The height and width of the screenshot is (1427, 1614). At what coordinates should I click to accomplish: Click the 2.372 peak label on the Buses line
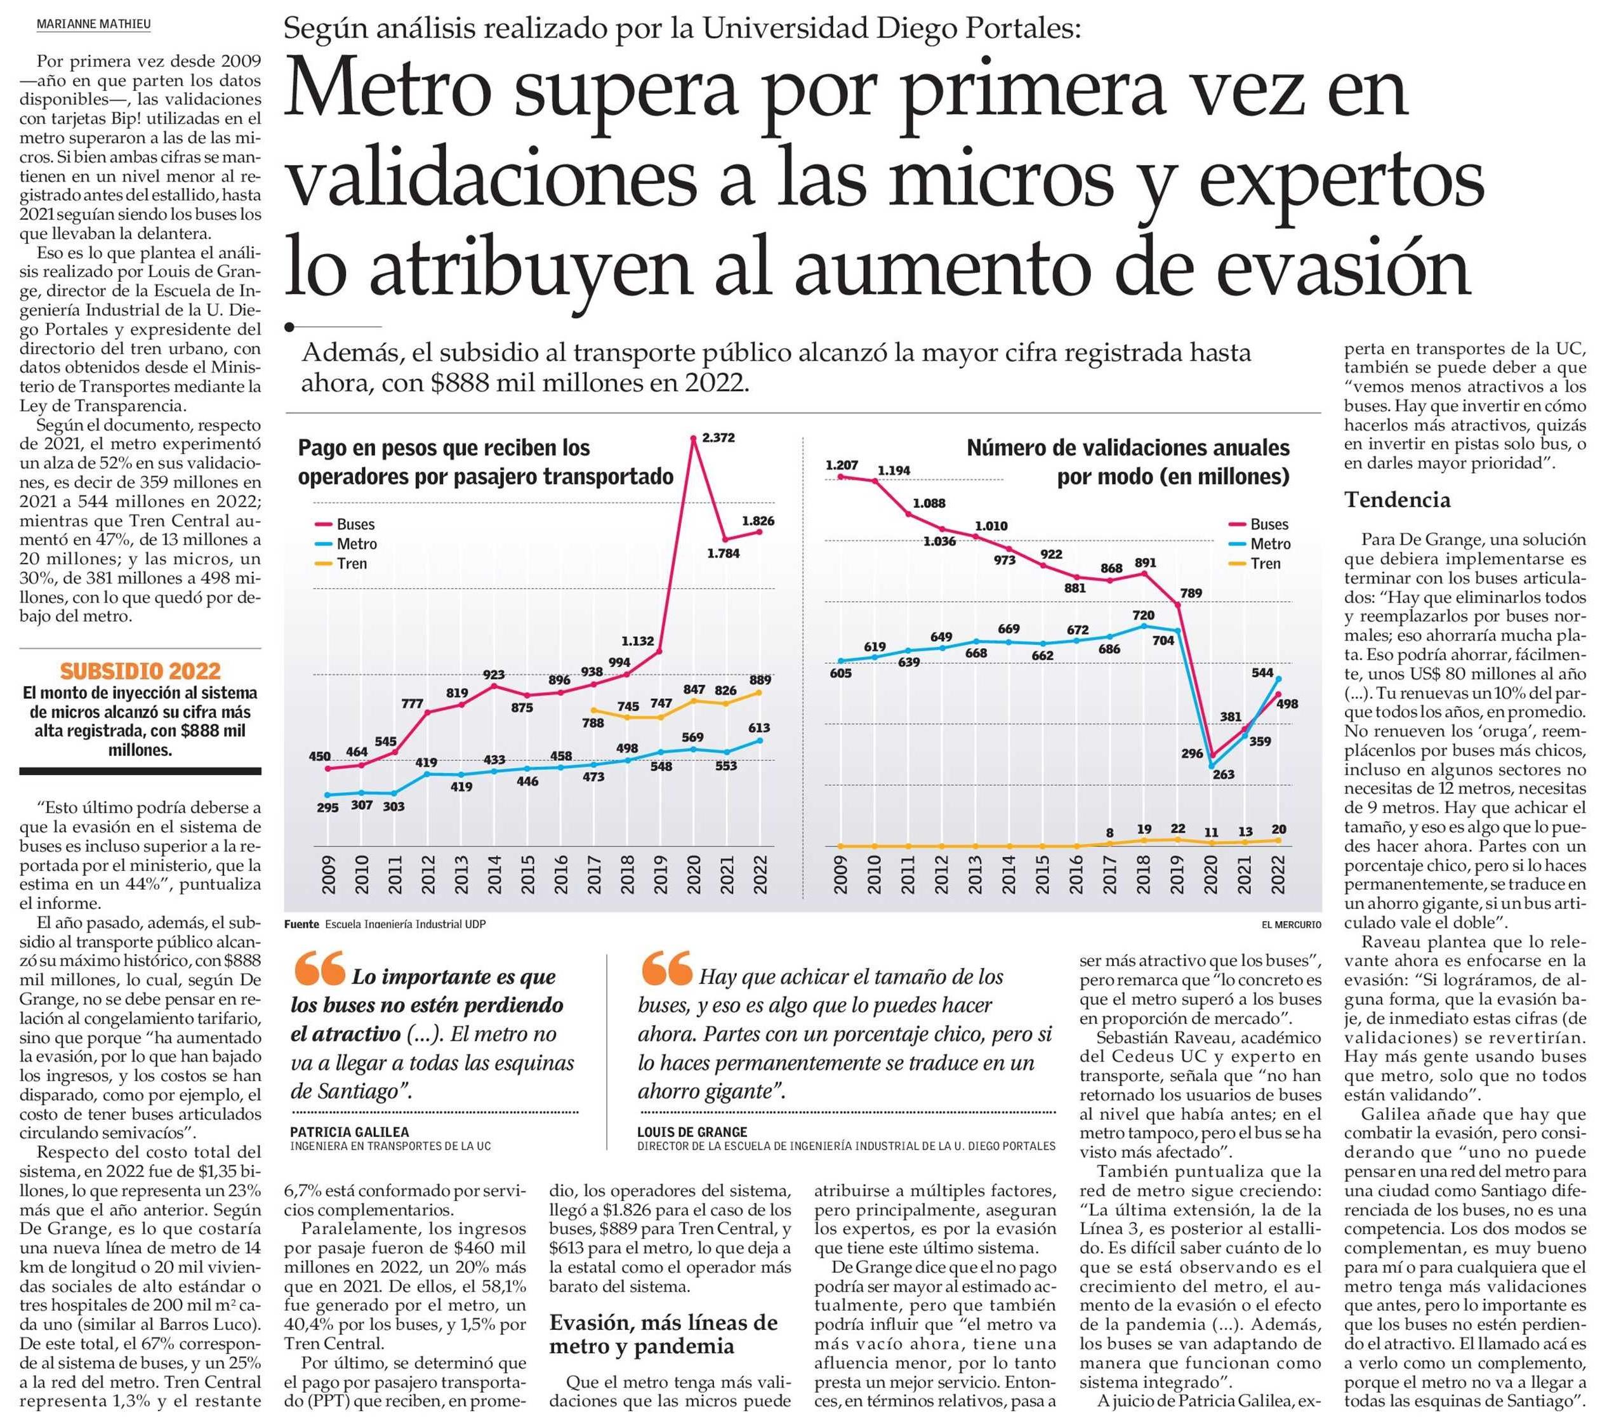click(x=718, y=437)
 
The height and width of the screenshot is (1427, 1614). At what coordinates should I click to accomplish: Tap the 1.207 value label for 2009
click(x=841, y=465)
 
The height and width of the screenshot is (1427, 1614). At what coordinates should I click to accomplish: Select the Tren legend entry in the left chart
click(x=352, y=564)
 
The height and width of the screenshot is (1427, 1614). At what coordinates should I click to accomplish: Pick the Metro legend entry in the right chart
click(x=1271, y=544)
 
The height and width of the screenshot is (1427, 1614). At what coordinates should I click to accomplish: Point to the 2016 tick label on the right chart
click(x=1076, y=875)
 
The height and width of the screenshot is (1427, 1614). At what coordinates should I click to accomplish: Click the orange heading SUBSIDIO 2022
click(x=140, y=671)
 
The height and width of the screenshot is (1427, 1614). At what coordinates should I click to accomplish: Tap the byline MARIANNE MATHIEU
click(x=93, y=25)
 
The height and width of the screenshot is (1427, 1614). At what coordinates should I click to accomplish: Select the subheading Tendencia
click(x=1397, y=500)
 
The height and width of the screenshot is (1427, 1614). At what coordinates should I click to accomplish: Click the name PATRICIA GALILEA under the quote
click(x=349, y=1132)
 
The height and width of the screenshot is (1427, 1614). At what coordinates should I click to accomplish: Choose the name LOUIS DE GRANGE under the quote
click(x=692, y=1132)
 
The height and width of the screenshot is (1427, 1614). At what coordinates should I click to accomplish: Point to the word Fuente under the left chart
click(x=301, y=924)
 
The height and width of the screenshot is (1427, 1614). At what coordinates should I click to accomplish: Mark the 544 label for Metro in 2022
click(x=1262, y=673)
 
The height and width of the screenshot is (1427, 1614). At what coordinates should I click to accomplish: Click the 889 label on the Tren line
click(x=760, y=680)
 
